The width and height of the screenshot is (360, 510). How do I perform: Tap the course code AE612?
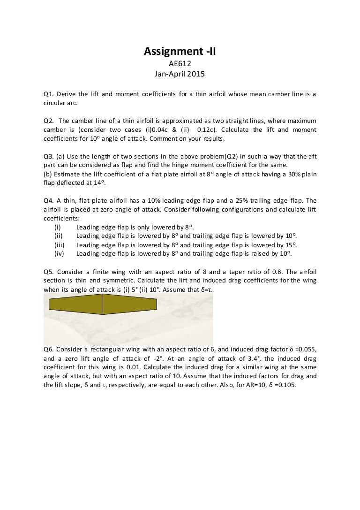point(180,63)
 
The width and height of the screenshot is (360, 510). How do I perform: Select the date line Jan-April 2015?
point(180,74)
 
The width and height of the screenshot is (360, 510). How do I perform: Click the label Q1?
point(48,94)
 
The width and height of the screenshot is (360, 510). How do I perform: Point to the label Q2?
point(48,121)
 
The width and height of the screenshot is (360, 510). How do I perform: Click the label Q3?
point(48,156)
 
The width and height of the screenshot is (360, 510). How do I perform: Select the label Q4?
point(48,201)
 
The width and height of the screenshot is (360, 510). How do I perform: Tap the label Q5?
point(48,272)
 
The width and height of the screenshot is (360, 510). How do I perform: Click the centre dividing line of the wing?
point(103,305)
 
